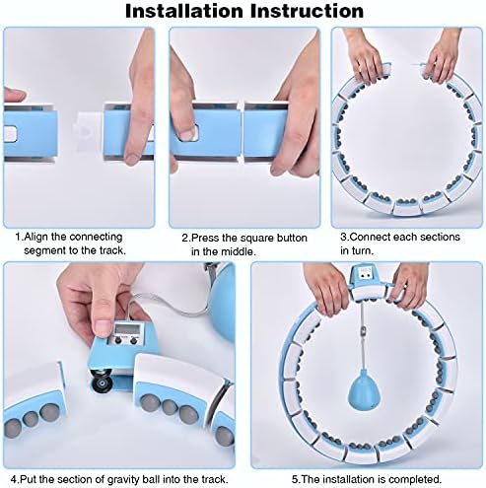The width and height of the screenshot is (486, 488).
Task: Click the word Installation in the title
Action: tap(184, 12)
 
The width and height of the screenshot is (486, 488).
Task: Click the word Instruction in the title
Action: tap(307, 12)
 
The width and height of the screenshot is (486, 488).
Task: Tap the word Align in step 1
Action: tap(36, 237)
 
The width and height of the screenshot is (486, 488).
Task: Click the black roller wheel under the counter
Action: tap(101, 380)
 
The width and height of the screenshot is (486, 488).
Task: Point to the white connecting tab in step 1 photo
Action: tap(87, 132)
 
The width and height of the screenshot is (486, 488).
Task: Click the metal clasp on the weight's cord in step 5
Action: tap(364, 329)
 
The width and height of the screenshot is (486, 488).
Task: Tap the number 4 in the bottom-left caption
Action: tap(14, 479)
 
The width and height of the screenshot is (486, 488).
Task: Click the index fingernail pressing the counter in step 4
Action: tap(103, 327)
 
